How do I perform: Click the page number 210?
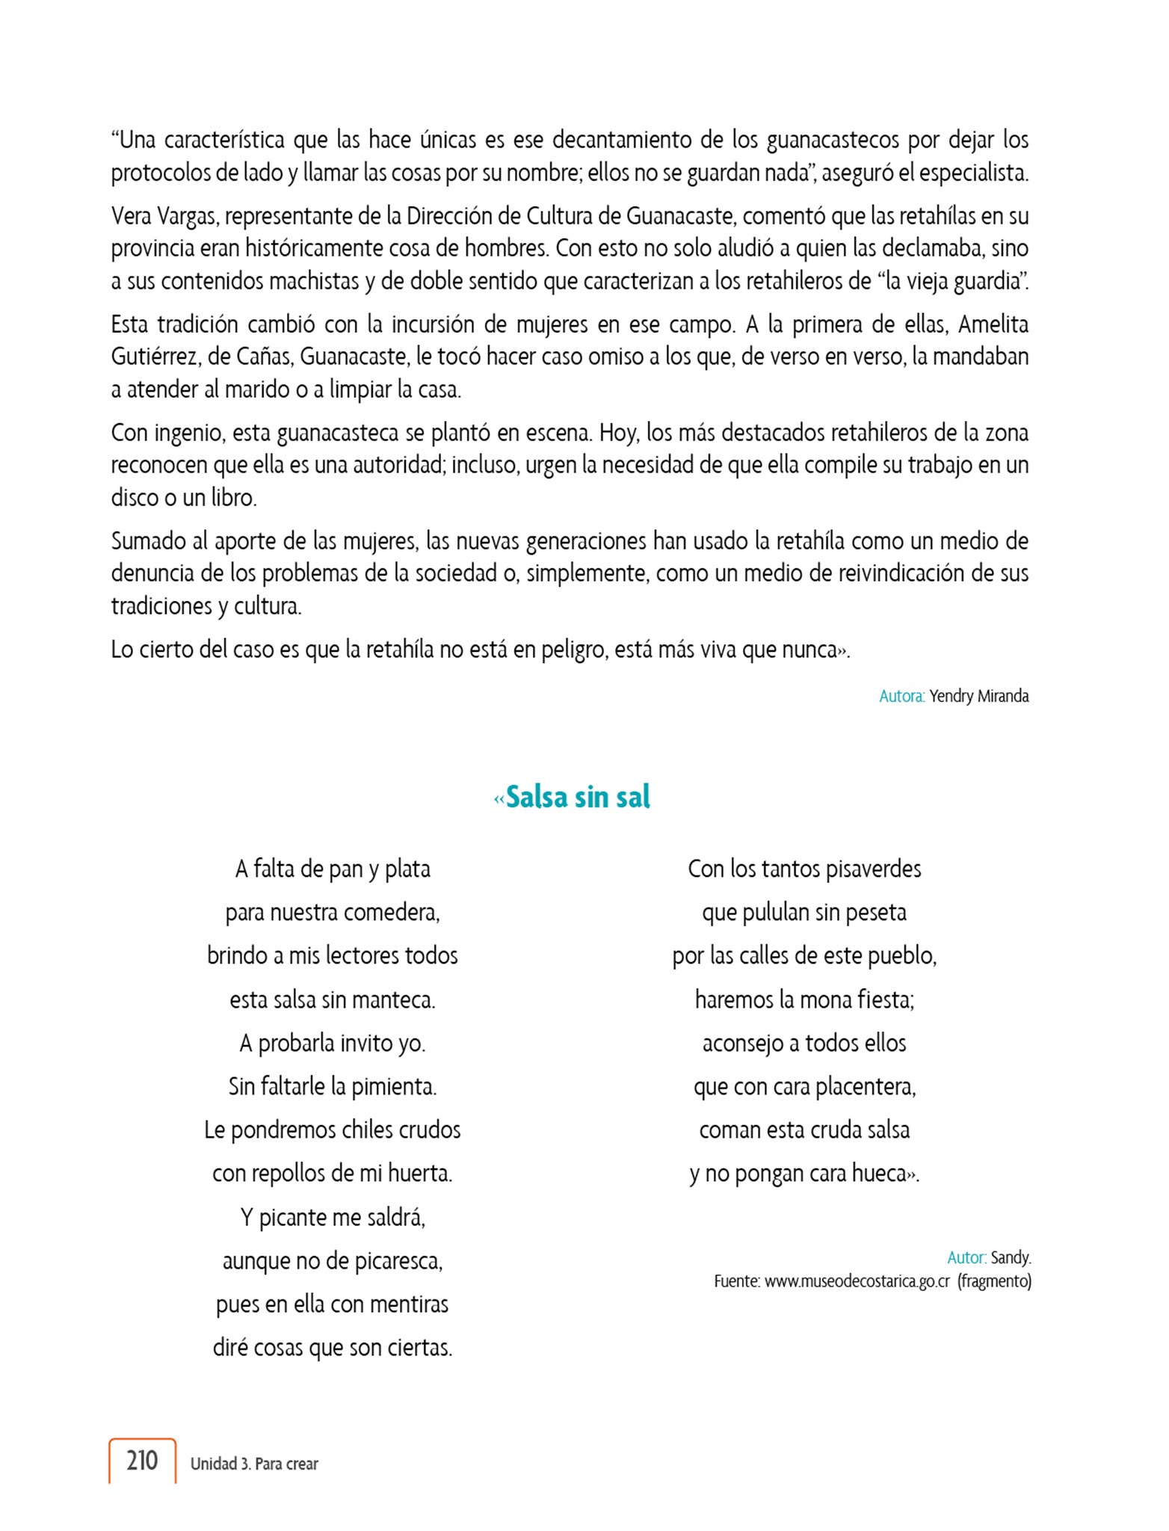point(142,1460)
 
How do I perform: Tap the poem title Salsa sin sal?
point(578,798)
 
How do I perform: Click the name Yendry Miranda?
point(978,696)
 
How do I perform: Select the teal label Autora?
point(902,696)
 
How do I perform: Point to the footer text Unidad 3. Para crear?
point(254,1464)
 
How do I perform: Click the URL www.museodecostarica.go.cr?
point(857,1281)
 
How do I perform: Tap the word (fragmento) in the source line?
point(995,1281)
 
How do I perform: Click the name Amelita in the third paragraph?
point(993,324)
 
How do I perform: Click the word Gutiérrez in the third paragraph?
point(155,357)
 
